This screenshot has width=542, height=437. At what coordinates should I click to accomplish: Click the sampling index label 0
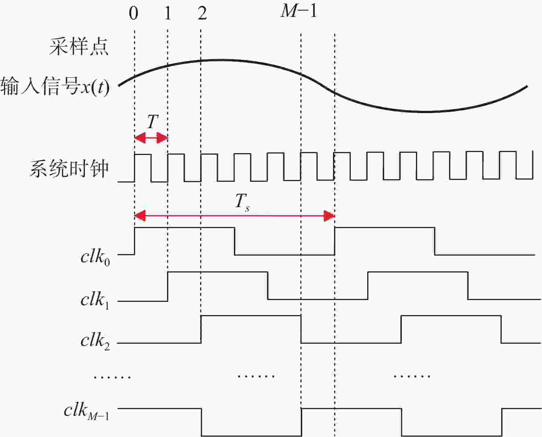tap(134, 13)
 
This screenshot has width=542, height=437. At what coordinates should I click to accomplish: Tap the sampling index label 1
tap(167, 13)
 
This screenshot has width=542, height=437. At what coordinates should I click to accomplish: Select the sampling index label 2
tap(202, 13)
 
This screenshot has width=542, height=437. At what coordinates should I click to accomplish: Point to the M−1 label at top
tap(299, 11)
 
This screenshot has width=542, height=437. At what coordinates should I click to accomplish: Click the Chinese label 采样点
tap(79, 47)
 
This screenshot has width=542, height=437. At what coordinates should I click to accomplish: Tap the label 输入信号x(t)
tap(55, 86)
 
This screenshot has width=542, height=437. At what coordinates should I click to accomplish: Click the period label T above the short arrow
tap(153, 122)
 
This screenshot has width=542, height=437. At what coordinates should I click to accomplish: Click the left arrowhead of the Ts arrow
tap(140, 216)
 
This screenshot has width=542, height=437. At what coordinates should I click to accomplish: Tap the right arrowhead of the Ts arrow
tap(329, 216)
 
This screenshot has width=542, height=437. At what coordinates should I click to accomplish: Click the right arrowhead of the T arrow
tap(162, 138)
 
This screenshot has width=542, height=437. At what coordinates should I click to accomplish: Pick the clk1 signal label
tap(95, 301)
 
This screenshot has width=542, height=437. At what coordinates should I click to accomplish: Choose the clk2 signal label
tap(95, 342)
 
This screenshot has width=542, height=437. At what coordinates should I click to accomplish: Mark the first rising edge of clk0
tap(135, 241)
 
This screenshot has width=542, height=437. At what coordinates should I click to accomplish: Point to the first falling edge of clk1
tap(268, 286)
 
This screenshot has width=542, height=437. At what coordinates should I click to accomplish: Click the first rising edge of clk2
tap(201, 329)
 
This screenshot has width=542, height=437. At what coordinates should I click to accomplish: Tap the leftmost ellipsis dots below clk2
tap(112, 377)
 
